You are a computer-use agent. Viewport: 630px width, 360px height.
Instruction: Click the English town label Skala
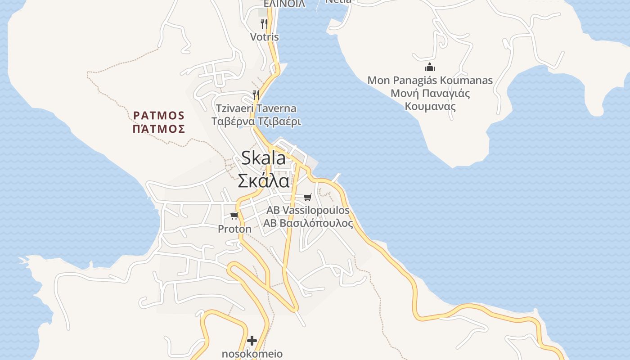click(263, 158)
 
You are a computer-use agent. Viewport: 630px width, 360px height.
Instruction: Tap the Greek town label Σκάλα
click(263, 180)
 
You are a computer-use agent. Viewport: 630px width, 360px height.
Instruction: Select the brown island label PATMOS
click(159, 115)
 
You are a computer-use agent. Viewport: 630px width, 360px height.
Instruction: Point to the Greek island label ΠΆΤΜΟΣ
click(159, 129)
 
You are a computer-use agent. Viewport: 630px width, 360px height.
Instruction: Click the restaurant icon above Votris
click(265, 23)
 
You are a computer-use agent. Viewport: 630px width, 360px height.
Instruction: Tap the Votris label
click(265, 37)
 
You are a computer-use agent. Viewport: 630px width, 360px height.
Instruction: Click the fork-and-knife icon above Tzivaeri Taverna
click(256, 94)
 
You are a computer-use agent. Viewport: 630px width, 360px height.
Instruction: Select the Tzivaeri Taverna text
click(256, 108)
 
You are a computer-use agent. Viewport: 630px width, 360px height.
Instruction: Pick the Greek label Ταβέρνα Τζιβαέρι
click(256, 121)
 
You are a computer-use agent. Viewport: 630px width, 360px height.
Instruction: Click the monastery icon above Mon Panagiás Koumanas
click(430, 67)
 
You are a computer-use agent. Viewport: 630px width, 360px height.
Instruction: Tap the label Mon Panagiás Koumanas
click(430, 81)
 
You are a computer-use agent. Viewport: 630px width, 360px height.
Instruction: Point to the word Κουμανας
click(430, 107)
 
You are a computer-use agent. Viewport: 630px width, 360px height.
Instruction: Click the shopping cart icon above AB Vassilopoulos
click(308, 197)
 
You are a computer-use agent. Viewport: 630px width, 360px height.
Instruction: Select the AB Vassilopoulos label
click(308, 210)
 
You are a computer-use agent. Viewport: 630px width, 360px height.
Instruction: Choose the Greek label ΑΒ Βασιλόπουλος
click(308, 223)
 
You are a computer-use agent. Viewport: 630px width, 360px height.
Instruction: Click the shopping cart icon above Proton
click(234, 216)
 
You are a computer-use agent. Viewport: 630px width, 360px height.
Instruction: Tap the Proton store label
click(234, 229)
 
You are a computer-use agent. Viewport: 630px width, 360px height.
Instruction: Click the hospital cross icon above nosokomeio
click(252, 341)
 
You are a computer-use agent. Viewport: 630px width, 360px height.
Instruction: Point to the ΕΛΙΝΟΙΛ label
click(284, 4)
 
